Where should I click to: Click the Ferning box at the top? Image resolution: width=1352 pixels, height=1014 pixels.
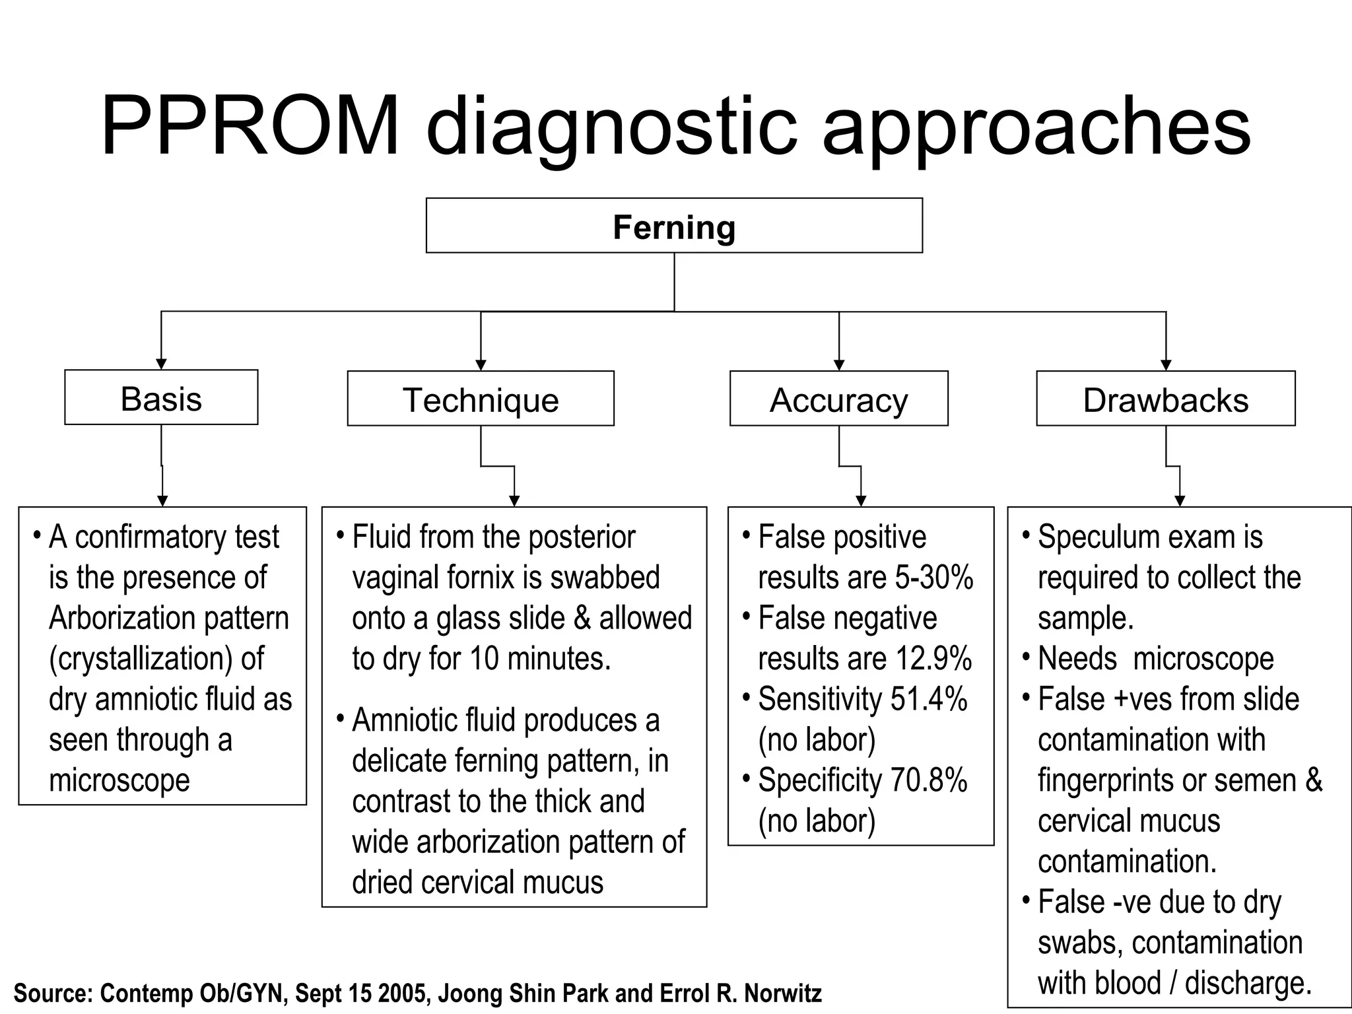(x=674, y=226)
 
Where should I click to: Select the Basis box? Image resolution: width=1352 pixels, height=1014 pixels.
(x=161, y=398)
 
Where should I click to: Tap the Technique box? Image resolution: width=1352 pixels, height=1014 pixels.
(x=481, y=399)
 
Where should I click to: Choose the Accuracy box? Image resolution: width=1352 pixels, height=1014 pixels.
(x=838, y=399)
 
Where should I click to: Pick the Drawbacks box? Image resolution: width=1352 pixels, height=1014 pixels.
(x=1165, y=399)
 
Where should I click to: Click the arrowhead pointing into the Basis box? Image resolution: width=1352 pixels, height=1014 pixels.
(x=161, y=364)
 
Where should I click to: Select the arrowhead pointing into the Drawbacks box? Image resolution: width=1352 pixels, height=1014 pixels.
(x=1166, y=365)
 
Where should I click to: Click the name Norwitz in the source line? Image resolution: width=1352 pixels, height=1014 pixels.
(x=783, y=993)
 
